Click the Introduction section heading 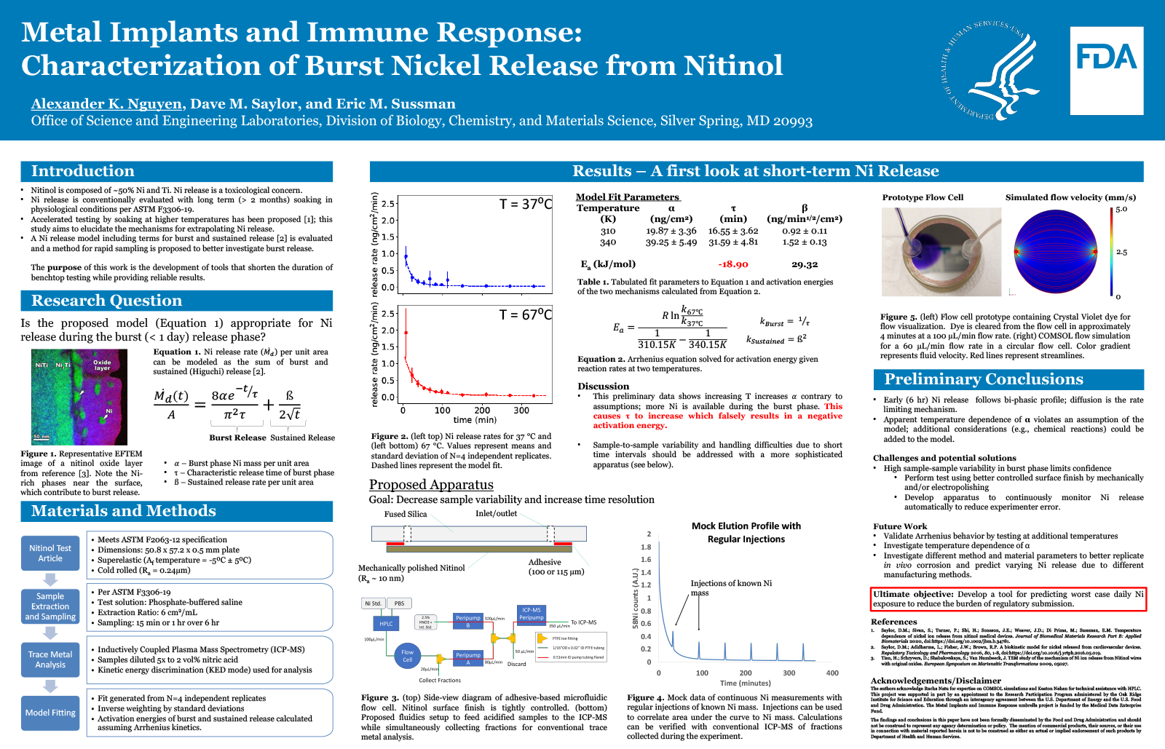pyautogui.click(x=82, y=171)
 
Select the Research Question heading pyautogui.click(x=106, y=301)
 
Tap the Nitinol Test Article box pyautogui.click(x=50, y=553)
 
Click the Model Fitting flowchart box pyautogui.click(x=50, y=713)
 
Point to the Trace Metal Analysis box pyautogui.click(x=50, y=659)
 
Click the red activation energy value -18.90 pyautogui.click(x=732, y=264)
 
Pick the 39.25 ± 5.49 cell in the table pyautogui.click(x=671, y=242)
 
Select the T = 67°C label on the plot pyautogui.click(x=525, y=314)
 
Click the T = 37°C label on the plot pyautogui.click(x=525, y=205)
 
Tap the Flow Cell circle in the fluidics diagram pyautogui.click(x=407, y=656)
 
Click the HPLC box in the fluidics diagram pyautogui.click(x=386, y=623)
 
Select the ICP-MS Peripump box pyautogui.click(x=532, y=614)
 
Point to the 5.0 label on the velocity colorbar pyautogui.click(x=1121, y=210)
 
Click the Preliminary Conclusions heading pyautogui.click(x=983, y=379)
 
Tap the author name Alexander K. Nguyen pyautogui.click(x=106, y=104)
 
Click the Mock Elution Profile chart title pyautogui.click(x=746, y=532)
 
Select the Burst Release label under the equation pyautogui.click(x=237, y=437)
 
